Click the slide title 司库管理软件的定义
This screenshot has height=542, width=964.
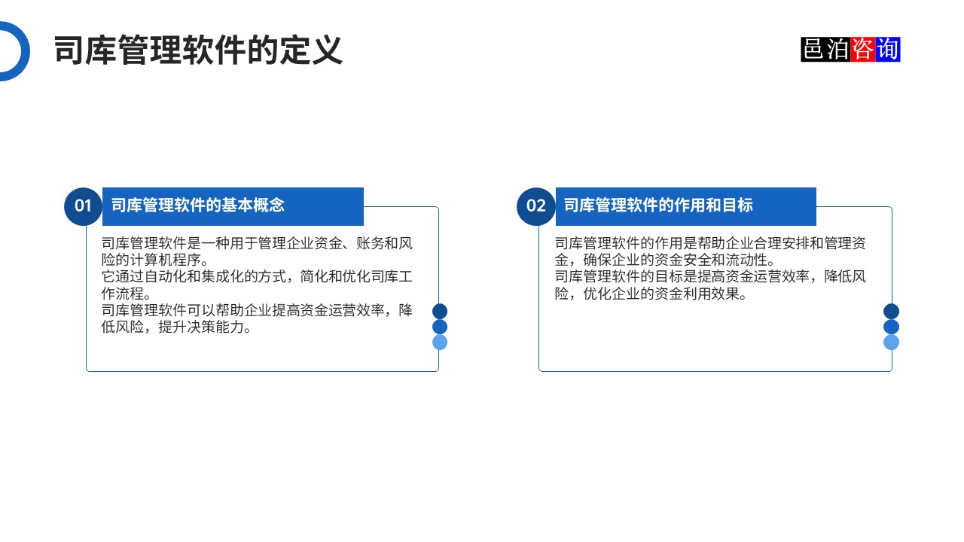point(198,51)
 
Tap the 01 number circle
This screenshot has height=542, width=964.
point(83,206)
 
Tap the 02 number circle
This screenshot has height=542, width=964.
point(535,206)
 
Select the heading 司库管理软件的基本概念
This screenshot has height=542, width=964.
point(198,206)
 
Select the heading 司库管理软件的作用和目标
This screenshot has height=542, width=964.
point(658,206)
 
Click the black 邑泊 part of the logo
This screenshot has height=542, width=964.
point(825,50)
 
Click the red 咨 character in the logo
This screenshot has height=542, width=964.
point(863,50)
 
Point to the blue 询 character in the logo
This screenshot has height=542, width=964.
point(888,50)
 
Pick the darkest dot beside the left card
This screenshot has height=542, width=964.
point(440,311)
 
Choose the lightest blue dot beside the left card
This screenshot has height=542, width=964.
point(440,343)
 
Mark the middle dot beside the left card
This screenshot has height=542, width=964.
point(440,327)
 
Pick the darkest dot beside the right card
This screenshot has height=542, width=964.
point(891,311)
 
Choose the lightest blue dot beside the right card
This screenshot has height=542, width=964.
point(891,343)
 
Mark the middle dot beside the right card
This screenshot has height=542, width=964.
point(891,327)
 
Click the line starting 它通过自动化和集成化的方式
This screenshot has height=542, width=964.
point(257,277)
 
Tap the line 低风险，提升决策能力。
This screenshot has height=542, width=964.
point(177,327)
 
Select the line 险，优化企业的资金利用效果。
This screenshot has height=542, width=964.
point(651,294)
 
